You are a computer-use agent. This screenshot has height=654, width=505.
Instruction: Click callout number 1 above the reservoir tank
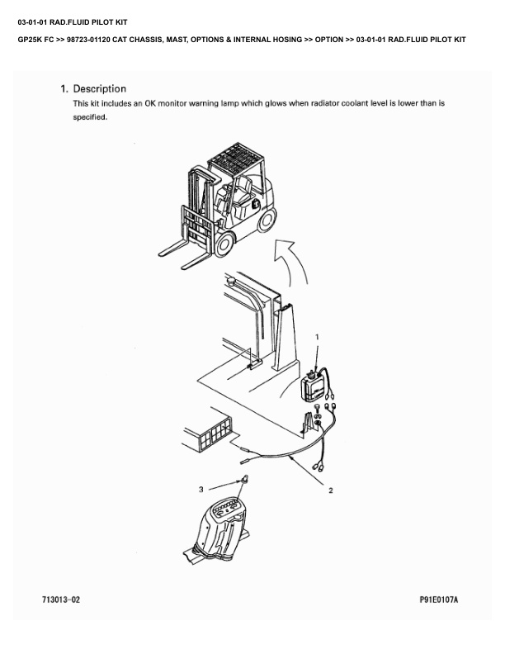pos(317,337)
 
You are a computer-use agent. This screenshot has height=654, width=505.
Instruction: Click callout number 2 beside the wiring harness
pos(330,490)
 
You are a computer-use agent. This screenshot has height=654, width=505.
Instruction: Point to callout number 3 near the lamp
pos(201,489)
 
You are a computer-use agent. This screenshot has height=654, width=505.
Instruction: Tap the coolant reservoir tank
pos(314,386)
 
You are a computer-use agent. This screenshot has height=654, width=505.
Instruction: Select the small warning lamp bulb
pos(245,479)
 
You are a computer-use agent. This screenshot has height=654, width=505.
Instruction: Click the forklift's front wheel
pos(224,244)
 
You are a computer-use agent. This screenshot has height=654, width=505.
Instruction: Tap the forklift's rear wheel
pos(267,220)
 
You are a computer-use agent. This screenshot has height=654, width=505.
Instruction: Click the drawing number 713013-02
pos(61,599)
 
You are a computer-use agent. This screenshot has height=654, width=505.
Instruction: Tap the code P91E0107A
pos(439,599)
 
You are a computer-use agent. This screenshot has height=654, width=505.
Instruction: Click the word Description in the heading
pos(100,89)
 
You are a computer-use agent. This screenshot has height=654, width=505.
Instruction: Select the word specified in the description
pos(90,117)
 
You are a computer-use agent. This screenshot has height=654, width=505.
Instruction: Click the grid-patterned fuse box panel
pos(215,434)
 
